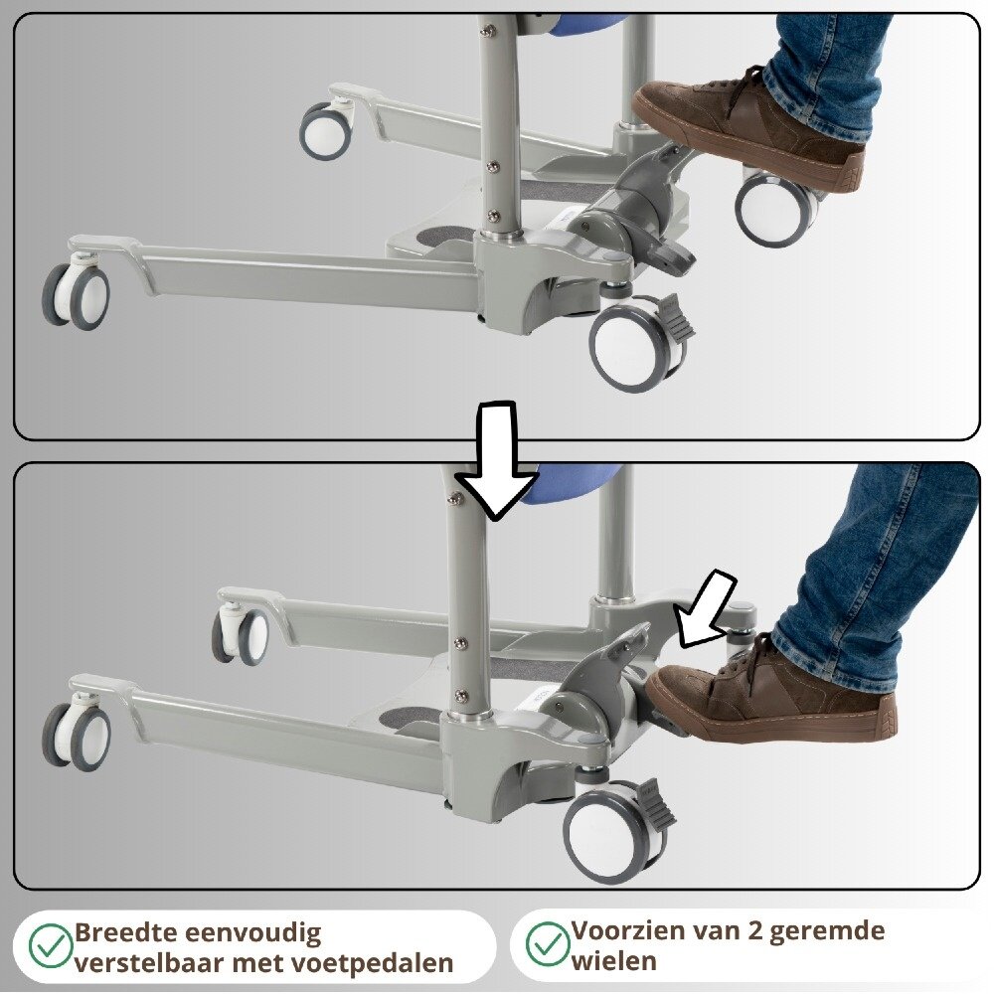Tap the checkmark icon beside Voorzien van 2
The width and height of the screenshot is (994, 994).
pyautogui.click(x=547, y=943)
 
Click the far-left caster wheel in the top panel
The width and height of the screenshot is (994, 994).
pyautogui.click(x=77, y=295)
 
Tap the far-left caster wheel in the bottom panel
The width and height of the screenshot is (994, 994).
pyautogui.click(x=77, y=734)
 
